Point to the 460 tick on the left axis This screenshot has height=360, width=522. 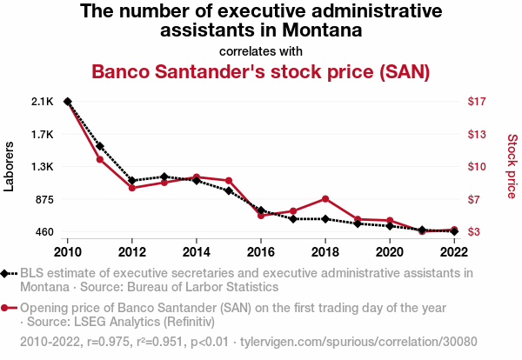[x=43, y=232]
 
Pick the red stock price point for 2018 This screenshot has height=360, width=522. [x=325, y=199]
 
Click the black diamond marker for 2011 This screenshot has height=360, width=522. [x=100, y=146]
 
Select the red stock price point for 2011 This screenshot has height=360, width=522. [x=100, y=159]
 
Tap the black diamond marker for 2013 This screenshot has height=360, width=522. [x=164, y=177]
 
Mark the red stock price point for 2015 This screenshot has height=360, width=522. [x=229, y=180]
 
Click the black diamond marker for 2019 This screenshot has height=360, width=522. [x=358, y=223]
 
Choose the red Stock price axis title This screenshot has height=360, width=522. [x=512, y=165]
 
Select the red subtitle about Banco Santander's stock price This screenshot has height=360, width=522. [x=261, y=71]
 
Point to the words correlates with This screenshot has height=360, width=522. [x=261, y=50]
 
